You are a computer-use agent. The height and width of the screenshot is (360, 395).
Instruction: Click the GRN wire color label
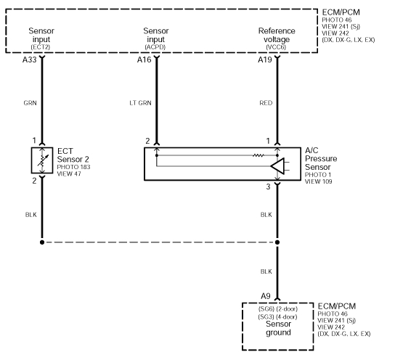point(30,103)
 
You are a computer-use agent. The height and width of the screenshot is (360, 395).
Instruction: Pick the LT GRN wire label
point(139,103)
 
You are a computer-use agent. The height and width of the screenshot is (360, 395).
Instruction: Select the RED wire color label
point(266,103)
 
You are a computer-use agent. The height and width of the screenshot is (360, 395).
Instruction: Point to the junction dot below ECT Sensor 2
point(42,242)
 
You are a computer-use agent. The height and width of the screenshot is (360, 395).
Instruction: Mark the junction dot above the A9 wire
point(277,242)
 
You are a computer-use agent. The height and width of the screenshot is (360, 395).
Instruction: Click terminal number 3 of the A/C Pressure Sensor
point(268,187)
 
